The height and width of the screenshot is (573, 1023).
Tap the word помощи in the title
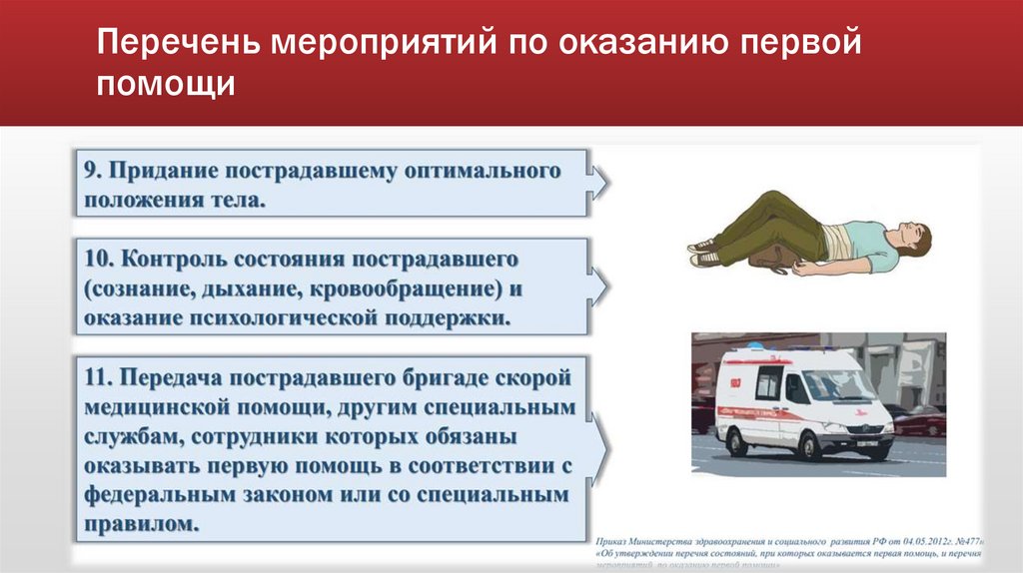click(166, 86)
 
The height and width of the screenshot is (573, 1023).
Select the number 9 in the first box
click(89, 170)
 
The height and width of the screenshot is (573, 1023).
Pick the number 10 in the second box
click(96, 259)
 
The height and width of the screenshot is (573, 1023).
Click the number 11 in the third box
click(96, 378)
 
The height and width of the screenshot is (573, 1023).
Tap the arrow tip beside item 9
click(606, 184)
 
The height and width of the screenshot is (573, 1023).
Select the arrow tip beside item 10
click(606, 288)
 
